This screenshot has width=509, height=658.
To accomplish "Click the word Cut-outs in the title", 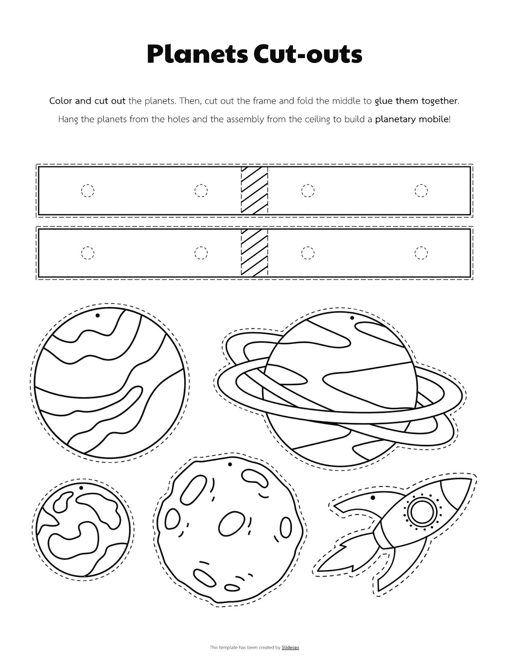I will click(308, 54).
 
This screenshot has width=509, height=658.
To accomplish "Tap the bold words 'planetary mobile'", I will click(412, 119).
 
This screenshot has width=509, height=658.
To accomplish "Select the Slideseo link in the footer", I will click(290, 648).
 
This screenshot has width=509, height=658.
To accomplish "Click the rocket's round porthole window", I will click(421, 511).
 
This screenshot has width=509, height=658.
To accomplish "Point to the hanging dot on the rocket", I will click(373, 498).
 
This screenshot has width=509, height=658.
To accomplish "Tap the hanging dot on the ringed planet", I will click(352, 318).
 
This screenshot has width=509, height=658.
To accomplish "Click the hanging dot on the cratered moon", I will click(230, 465).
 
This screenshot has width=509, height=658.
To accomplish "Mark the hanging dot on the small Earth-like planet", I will click(81, 488).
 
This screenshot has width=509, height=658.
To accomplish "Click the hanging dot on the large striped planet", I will click(98, 315).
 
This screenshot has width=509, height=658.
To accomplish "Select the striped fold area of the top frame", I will click(254, 190).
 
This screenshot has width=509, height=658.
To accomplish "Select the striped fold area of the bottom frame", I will click(254, 253).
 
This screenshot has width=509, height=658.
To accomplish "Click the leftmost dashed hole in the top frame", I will click(88, 191).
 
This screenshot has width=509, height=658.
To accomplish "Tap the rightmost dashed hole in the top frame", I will click(421, 191).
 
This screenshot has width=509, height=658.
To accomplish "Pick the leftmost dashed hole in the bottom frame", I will click(88, 253).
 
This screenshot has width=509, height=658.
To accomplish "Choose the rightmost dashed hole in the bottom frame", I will click(421, 253).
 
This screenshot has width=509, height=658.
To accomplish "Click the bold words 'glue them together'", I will click(416, 101).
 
